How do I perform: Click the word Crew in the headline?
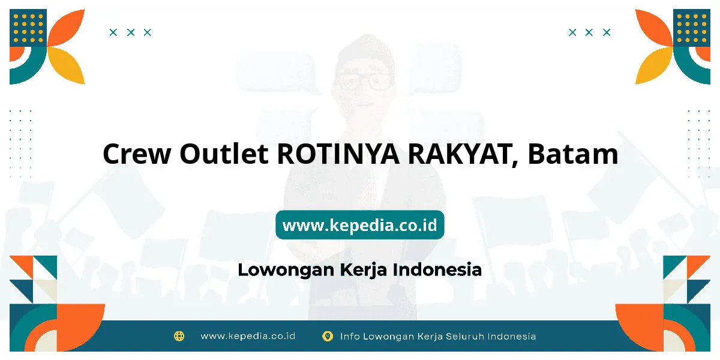[x=137, y=154]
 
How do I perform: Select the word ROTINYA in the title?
[x=338, y=154]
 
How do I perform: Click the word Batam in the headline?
[x=573, y=154]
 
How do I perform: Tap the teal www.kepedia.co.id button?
[x=359, y=225]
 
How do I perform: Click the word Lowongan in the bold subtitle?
[x=286, y=270]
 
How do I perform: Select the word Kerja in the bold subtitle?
[x=364, y=270]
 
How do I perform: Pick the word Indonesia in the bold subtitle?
[x=437, y=269]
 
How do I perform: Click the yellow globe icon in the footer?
[x=179, y=336]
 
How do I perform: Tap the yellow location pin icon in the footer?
[x=327, y=336]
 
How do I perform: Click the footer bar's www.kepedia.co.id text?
[x=248, y=336]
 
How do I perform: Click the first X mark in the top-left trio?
[x=113, y=32]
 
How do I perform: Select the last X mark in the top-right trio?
[x=607, y=32]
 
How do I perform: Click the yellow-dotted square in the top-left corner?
[x=28, y=28]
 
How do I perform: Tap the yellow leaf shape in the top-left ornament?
[x=67, y=64]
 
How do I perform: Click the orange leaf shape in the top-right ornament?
[x=653, y=28]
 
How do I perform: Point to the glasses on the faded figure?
[x=363, y=82]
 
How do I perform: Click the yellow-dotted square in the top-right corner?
[x=692, y=28]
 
